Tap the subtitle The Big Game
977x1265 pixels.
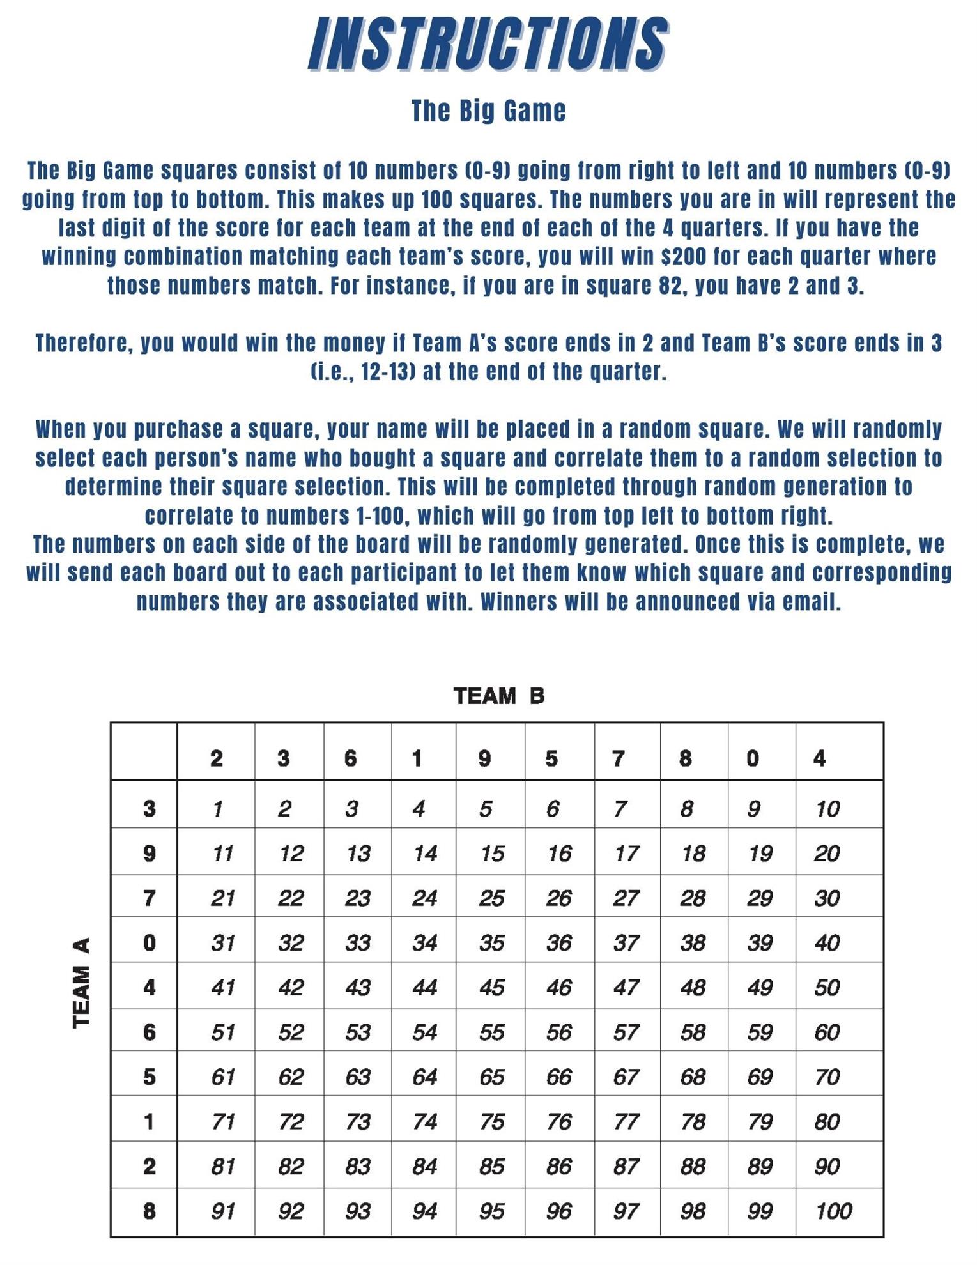point(488,111)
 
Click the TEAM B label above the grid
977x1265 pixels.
point(498,696)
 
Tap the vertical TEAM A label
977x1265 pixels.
point(81,983)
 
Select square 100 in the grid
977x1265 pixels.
point(833,1211)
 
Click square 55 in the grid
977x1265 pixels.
point(491,1032)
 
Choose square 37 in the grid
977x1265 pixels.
point(626,943)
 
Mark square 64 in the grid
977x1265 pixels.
point(424,1077)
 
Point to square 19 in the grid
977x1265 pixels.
point(760,854)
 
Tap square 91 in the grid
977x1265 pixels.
point(222,1211)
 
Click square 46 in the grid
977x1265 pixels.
point(558,988)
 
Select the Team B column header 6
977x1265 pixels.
point(350,758)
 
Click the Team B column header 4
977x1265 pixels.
point(819,758)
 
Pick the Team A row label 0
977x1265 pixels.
point(149,943)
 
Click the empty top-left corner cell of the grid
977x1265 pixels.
point(144,751)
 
